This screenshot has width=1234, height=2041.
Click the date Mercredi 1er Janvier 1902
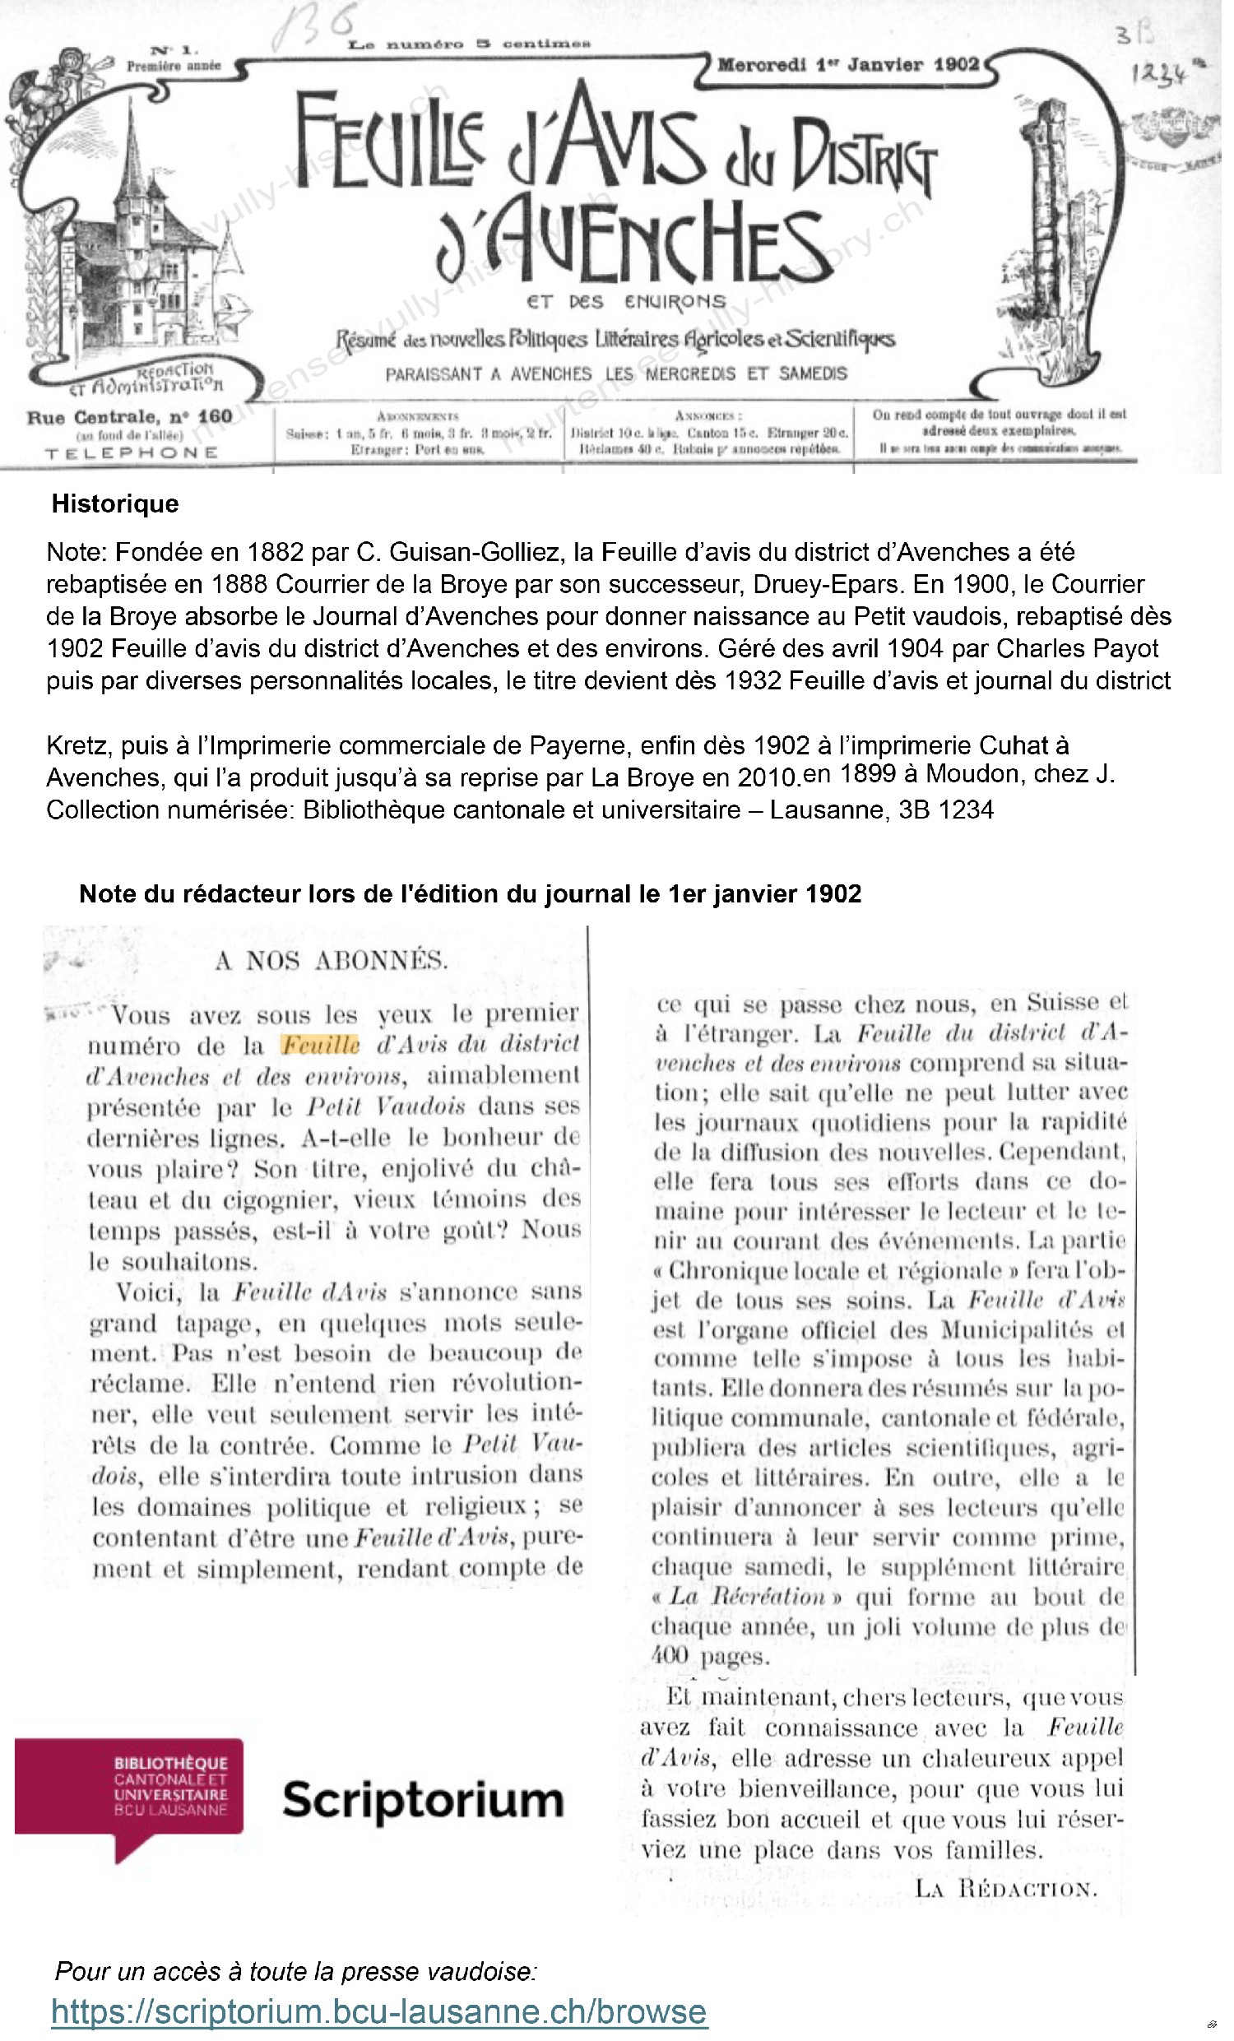847,65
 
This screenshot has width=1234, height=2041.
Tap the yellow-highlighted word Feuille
321,1045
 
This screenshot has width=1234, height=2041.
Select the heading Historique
115,503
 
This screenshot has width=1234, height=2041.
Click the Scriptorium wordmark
422,1800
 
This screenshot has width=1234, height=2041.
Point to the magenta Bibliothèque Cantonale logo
130,1788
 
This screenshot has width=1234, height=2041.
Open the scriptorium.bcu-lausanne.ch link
378,2011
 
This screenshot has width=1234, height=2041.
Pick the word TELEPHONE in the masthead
132,453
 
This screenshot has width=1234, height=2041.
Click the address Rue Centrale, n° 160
129,416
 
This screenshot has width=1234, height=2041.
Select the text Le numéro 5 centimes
469,44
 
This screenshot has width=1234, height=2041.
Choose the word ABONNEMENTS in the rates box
417,415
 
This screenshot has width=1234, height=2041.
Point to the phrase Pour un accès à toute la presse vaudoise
295,1970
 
